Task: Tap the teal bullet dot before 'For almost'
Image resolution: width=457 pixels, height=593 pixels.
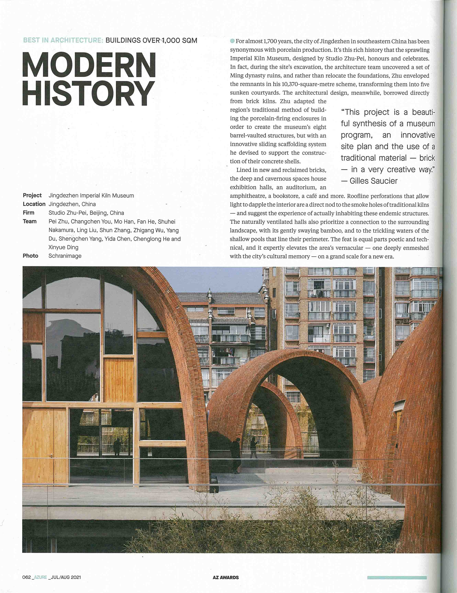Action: coord(232,41)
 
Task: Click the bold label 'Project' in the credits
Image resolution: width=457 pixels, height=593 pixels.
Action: coord(32,196)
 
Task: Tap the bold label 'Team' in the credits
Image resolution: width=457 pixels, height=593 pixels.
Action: coord(30,221)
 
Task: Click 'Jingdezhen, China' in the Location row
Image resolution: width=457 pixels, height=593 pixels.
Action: coord(72,204)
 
